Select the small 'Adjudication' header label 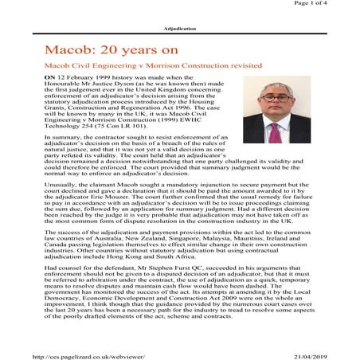[179, 25]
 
